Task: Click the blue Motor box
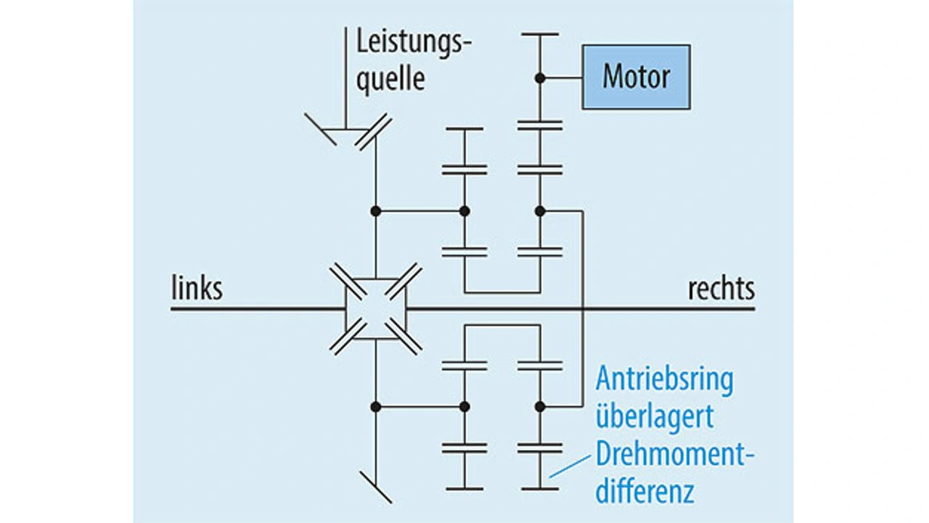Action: click(x=636, y=77)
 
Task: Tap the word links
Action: click(x=197, y=289)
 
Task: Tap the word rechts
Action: click(x=721, y=289)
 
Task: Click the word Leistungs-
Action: click(x=414, y=44)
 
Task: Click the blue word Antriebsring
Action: click(x=664, y=379)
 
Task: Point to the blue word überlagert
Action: click(x=654, y=417)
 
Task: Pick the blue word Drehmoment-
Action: click(x=675, y=456)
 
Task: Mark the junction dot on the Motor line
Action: click(x=539, y=77)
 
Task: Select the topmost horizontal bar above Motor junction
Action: click(x=539, y=34)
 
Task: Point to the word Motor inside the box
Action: click(x=636, y=77)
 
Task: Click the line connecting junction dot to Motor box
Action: click(x=561, y=77)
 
